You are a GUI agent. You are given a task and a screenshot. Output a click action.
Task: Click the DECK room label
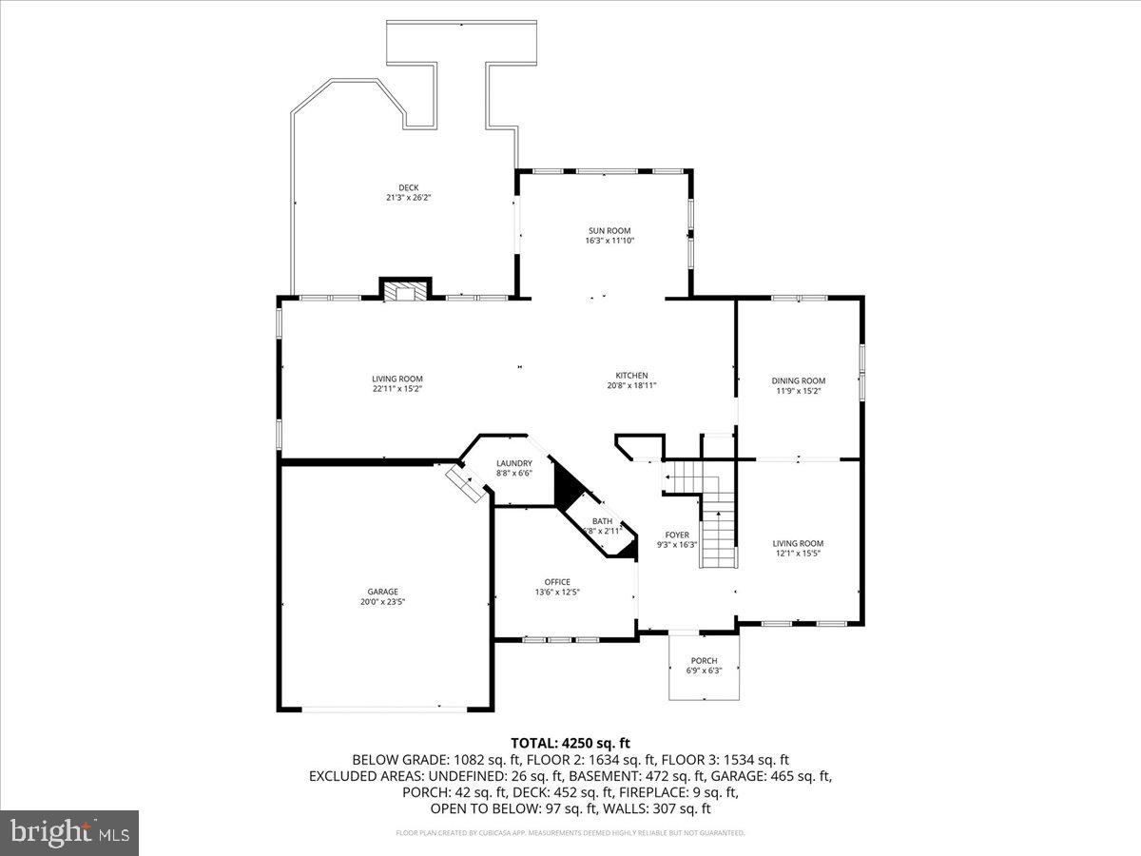[408, 187]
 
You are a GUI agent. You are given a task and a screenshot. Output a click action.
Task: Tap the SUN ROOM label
[609, 230]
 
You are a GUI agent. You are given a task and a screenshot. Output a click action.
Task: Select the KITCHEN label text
[631, 375]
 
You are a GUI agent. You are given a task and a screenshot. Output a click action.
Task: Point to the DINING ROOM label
[798, 380]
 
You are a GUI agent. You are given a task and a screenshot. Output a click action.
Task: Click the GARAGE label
[383, 591]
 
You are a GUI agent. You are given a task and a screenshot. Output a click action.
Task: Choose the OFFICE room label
[557, 581]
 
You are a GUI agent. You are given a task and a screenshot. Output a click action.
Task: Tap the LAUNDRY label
[513, 463]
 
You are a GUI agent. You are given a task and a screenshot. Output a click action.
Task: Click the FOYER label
[677, 535]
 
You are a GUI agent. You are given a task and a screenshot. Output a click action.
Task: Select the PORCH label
[704, 660]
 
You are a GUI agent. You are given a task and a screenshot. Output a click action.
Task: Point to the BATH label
[603, 520]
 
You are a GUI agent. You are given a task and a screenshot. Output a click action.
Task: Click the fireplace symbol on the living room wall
[406, 290]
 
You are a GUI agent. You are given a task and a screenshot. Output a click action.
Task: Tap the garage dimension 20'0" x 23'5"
[383, 601]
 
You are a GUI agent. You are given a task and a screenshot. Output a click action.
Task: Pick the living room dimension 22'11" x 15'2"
[397, 388]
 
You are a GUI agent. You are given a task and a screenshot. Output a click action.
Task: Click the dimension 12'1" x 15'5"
[798, 553]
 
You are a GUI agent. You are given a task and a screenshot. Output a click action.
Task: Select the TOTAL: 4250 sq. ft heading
[570, 743]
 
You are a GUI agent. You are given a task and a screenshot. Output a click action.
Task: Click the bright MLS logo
[70, 832]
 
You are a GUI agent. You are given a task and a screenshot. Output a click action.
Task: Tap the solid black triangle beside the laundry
[568, 488]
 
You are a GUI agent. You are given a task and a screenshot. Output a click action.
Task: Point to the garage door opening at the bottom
[385, 708]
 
